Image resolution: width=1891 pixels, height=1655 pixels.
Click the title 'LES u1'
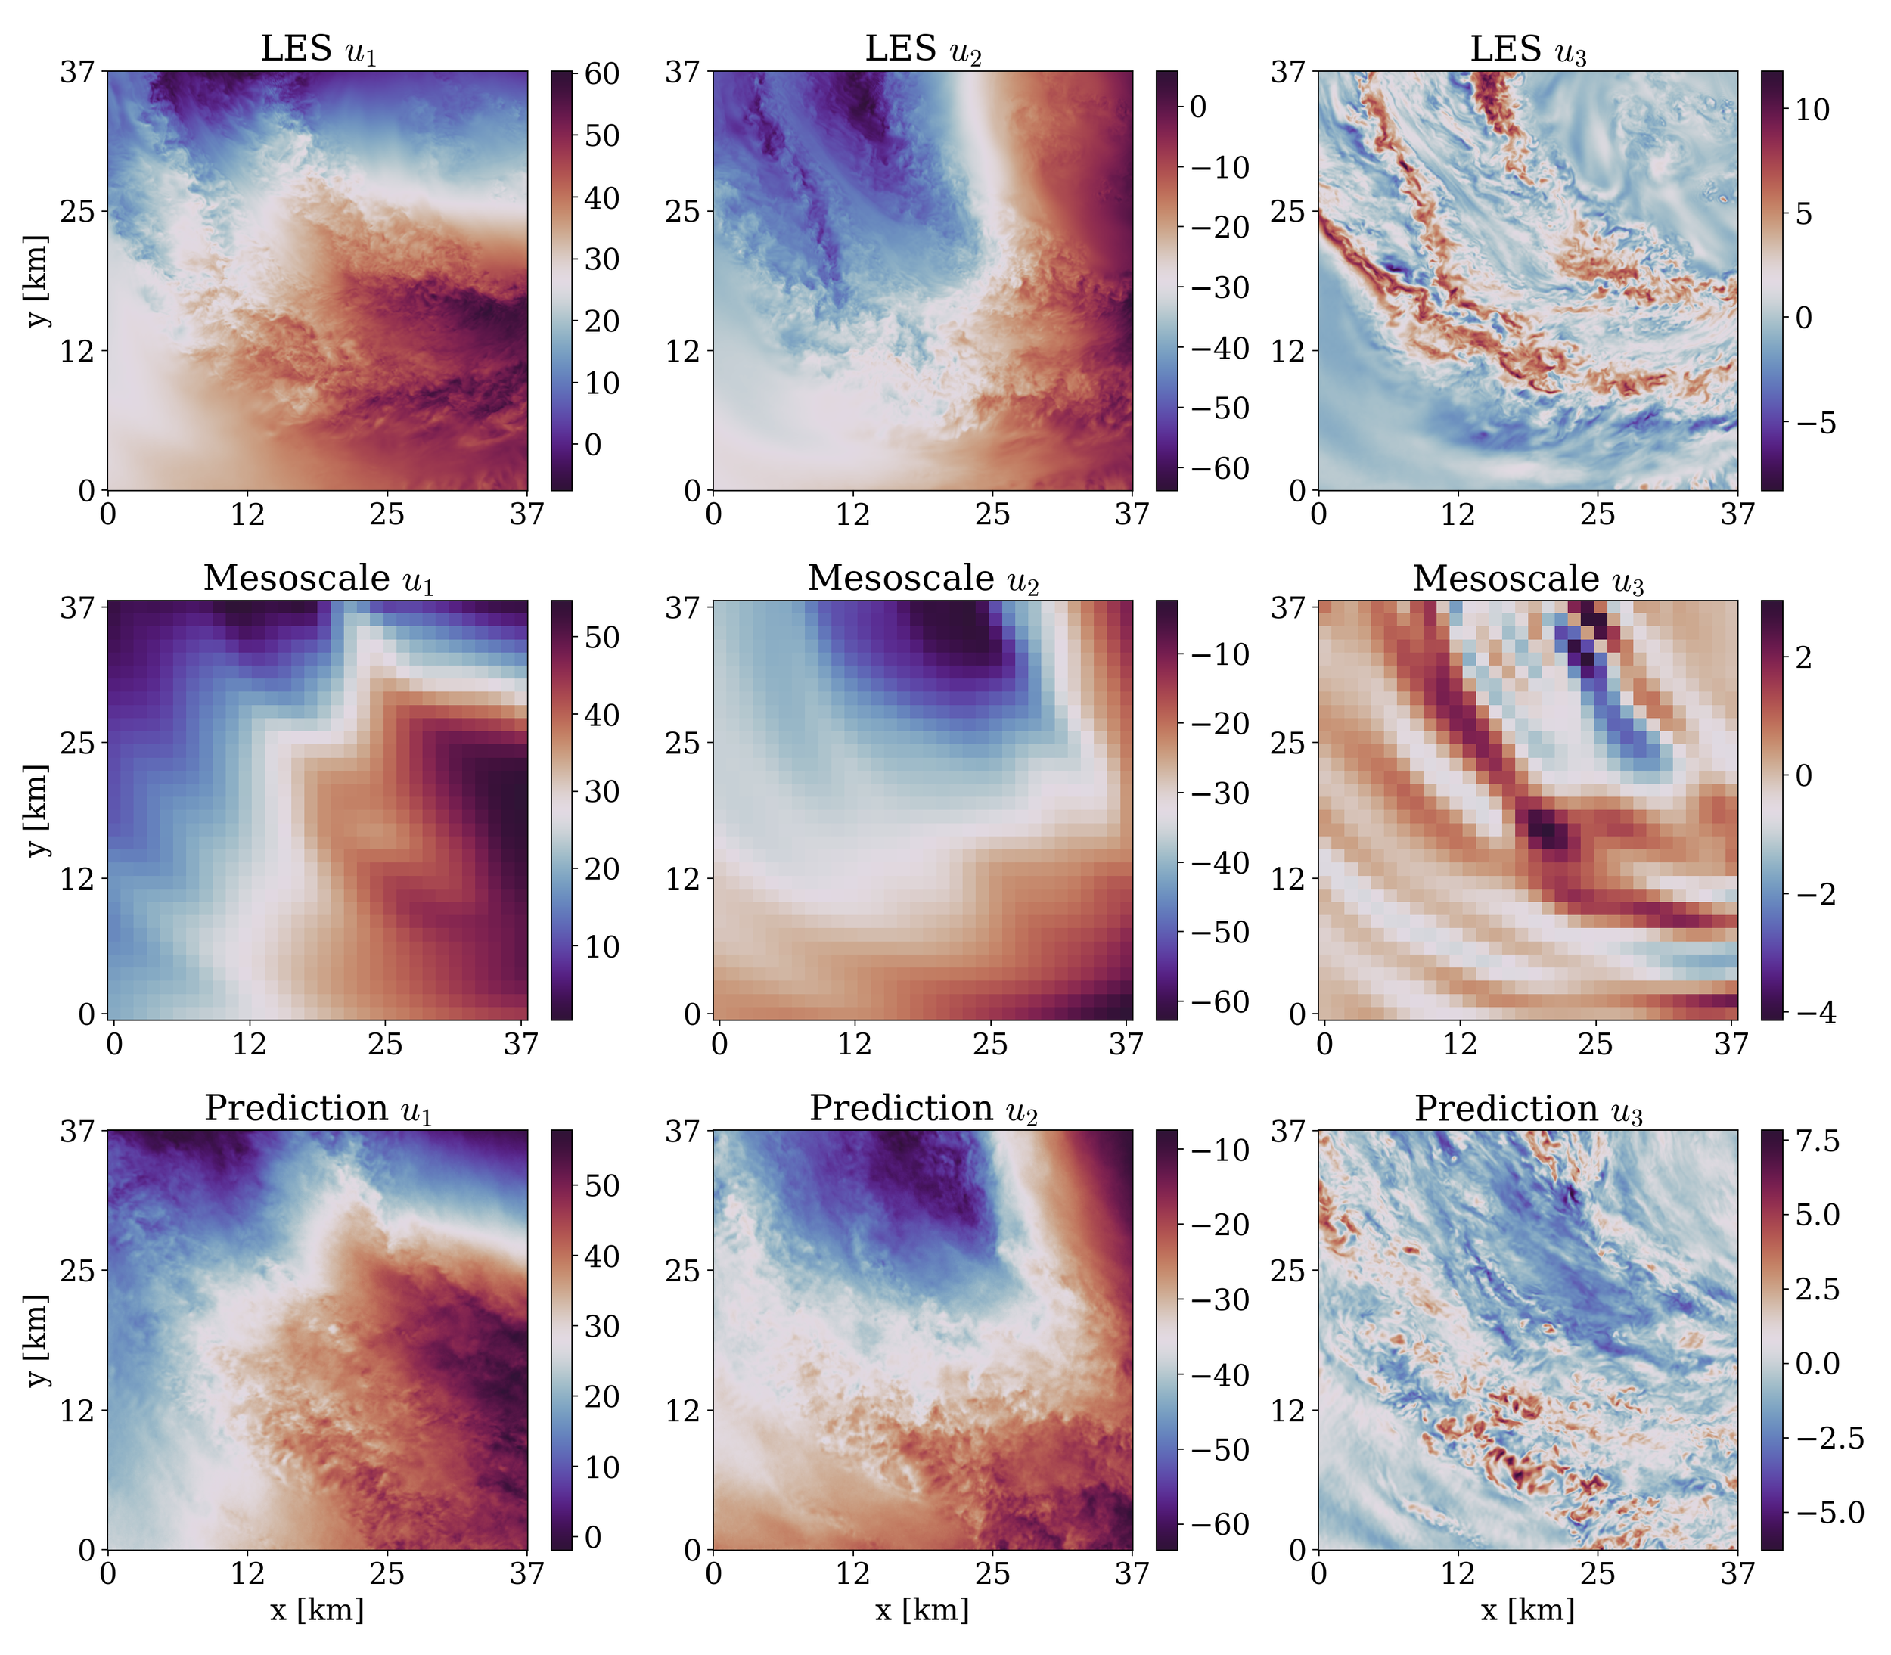click(x=318, y=49)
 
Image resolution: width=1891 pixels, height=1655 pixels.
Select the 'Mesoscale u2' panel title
click(x=924, y=579)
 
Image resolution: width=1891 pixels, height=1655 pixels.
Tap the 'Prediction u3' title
click(x=1528, y=1108)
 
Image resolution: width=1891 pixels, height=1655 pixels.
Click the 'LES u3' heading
click(x=1528, y=49)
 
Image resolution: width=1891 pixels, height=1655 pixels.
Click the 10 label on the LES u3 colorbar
click(x=1812, y=110)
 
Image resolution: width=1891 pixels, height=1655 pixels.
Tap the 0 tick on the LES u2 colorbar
click(x=1198, y=107)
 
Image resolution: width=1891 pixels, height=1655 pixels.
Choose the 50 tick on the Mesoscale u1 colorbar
click(x=602, y=637)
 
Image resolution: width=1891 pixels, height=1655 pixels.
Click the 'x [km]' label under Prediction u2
click(x=922, y=1610)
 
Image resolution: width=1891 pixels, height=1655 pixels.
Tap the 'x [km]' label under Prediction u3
click(x=1528, y=1610)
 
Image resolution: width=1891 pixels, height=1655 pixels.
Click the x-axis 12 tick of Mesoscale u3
click(x=1460, y=1045)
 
